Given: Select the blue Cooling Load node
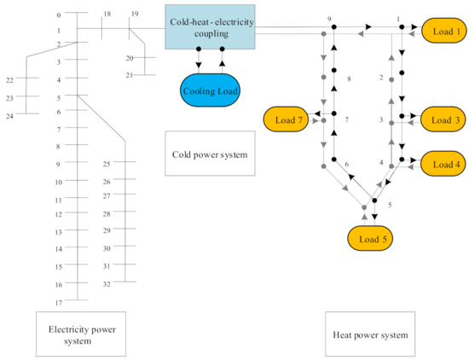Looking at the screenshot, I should pos(210,90).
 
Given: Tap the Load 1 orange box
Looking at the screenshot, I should pos(444,31).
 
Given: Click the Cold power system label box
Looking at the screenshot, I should pos(211,154).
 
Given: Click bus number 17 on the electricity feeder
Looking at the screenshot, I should pos(59,303).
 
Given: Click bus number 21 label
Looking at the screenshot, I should pos(130,76).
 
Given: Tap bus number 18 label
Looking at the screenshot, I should pos(107,15).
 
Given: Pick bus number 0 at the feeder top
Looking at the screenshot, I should pos(59,15).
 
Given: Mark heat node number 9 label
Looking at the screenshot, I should pos(329,18).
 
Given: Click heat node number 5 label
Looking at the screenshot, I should pos(389,206).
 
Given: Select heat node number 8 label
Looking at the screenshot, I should pos(348,79).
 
